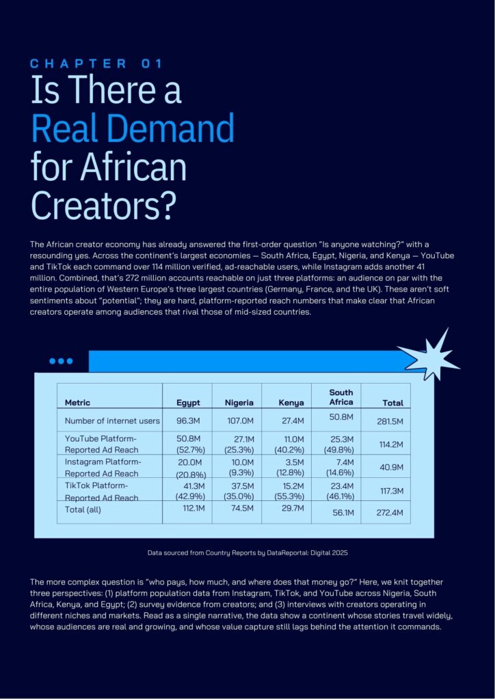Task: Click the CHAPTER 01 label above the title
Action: [96, 63]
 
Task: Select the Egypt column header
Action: [188, 403]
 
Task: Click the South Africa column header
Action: [340, 397]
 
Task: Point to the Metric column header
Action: [77, 403]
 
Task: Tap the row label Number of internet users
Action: [112, 420]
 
